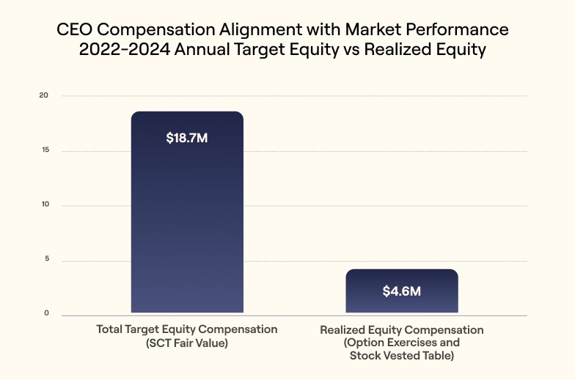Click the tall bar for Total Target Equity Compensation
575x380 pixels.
click(x=187, y=220)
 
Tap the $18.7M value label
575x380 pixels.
click(x=187, y=138)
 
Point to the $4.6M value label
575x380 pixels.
click(x=401, y=291)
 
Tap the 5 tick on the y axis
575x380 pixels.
click(x=45, y=260)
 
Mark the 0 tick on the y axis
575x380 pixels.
click(x=45, y=313)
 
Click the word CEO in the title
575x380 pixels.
click(x=74, y=31)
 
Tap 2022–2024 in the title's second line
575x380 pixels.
click(x=122, y=51)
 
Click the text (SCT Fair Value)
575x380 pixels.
click(x=187, y=343)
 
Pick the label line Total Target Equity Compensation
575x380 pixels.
click(x=187, y=329)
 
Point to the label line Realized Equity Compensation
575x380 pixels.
click(x=401, y=330)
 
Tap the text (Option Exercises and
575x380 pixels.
click(x=401, y=343)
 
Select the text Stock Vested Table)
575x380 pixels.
click(x=401, y=357)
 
